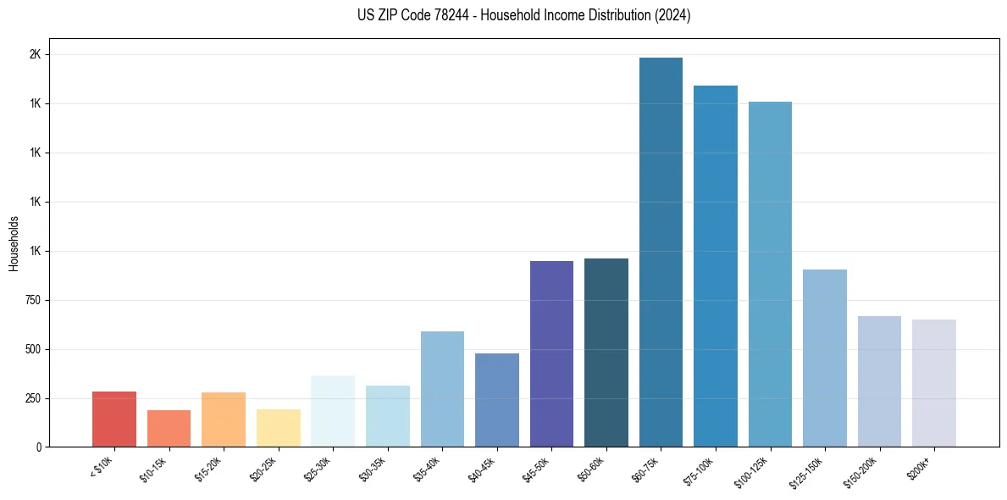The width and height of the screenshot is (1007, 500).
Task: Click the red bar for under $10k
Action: click(x=114, y=419)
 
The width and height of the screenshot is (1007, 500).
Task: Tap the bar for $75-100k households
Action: click(x=716, y=266)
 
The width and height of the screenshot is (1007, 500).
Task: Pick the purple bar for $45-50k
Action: click(x=551, y=354)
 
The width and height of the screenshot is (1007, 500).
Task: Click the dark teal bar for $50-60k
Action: click(x=606, y=353)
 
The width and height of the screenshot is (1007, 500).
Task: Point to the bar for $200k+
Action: click(x=934, y=383)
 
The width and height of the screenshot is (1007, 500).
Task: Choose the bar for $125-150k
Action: click(x=825, y=358)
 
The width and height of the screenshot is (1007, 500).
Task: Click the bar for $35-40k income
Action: click(x=442, y=389)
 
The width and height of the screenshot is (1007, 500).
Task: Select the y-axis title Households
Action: click(x=14, y=243)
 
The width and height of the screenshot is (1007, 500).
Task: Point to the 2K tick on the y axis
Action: click(x=35, y=54)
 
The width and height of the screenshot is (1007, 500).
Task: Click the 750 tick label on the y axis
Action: click(x=31, y=300)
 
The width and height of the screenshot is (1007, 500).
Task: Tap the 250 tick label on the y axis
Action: click(x=31, y=398)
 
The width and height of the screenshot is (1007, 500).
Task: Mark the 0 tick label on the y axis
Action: click(x=38, y=447)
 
